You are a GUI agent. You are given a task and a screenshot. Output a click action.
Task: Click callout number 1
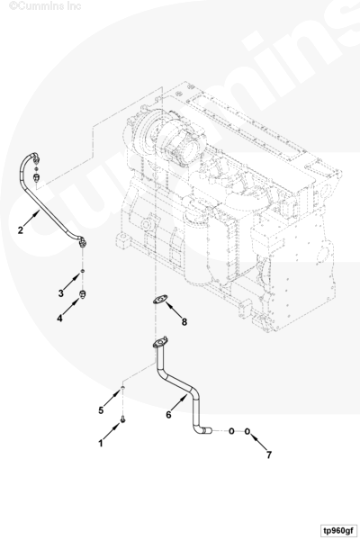[x=101, y=443]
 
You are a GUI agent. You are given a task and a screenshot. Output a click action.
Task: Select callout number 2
[x=21, y=230]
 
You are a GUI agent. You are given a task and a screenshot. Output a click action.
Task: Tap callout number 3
[x=61, y=293]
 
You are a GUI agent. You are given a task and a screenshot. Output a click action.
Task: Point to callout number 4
[x=60, y=319]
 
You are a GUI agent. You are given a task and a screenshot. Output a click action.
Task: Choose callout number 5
[x=101, y=410]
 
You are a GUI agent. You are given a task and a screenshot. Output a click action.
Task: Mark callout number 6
[x=168, y=415]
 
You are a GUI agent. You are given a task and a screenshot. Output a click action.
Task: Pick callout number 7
[x=269, y=454]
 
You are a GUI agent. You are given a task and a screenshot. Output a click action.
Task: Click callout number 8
[x=184, y=322]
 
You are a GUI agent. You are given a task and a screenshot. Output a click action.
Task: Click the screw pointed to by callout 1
[x=123, y=419]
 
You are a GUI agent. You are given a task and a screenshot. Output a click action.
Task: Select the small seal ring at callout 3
[x=82, y=272]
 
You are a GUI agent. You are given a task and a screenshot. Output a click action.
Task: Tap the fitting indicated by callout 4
[x=83, y=294]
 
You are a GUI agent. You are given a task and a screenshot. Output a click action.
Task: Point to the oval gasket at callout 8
[x=160, y=300]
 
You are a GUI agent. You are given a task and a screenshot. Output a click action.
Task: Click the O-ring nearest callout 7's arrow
[x=247, y=431]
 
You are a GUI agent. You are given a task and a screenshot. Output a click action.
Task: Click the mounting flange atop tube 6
[x=160, y=343]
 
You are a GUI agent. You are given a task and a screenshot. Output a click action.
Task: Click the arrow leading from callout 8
[x=175, y=310]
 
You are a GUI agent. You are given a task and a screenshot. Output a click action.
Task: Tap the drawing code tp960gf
[x=338, y=530]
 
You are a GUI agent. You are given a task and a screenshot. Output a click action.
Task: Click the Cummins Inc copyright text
[x=45, y=6]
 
